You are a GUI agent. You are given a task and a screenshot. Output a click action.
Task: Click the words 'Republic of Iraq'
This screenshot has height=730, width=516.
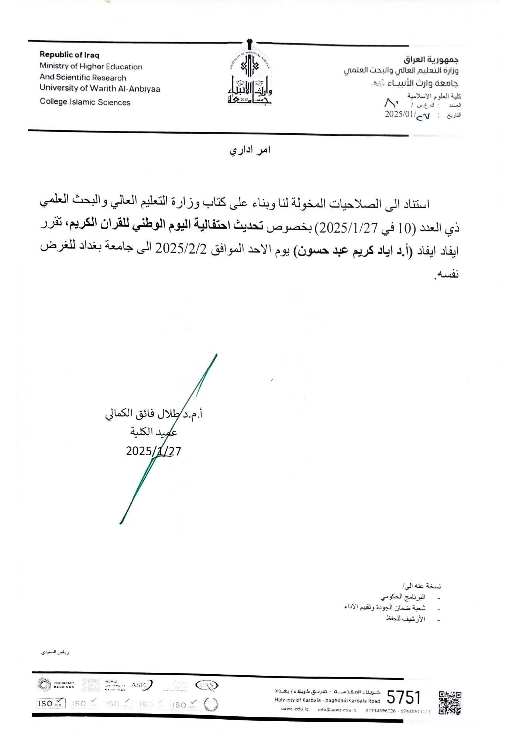click(x=69, y=55)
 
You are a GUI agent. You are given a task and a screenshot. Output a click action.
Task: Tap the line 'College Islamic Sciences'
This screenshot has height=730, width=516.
click(x=85, y=102)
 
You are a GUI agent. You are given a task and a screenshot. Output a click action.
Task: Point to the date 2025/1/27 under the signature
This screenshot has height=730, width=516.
click(x=154, y=451)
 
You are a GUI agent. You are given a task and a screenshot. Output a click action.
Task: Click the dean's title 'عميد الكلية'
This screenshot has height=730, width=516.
click(x=154, y=432)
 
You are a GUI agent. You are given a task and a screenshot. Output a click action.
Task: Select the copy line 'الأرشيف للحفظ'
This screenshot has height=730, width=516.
click(x=405, y=619)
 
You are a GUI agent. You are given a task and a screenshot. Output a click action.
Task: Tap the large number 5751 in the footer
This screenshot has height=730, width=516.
click(x=403, y=698)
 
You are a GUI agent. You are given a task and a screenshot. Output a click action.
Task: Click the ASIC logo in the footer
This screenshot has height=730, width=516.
click(x=142, y=685)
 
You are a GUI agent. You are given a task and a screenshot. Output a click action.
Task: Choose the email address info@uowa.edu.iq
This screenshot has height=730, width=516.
click(x=337, y=710)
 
